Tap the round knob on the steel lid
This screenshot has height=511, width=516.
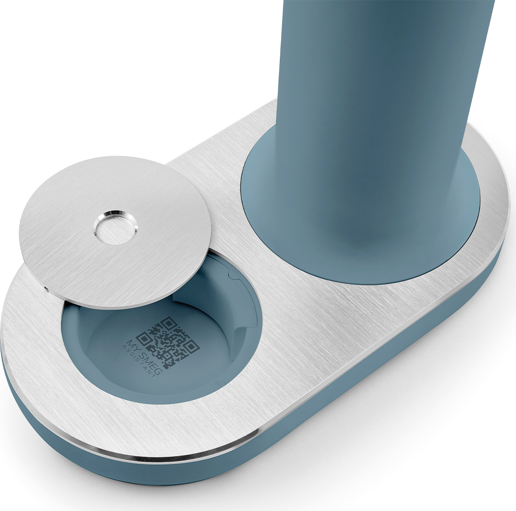(x=114, y=227)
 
